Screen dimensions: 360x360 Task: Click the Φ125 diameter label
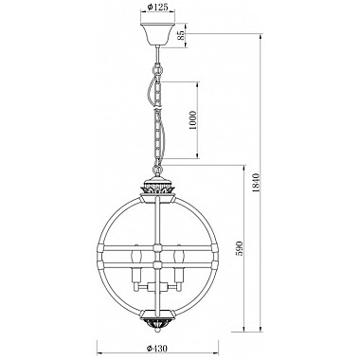coord(157,7)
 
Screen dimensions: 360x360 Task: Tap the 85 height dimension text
coord(181,35)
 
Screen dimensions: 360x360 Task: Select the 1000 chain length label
coord(193,120)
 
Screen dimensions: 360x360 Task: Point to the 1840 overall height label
coord(256,183)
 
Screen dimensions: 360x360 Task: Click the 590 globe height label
coord(240,248)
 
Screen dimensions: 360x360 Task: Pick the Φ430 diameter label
coord(157,349)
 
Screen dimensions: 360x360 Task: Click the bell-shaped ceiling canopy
coord(157,35)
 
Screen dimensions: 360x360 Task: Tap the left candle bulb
coord(136,255)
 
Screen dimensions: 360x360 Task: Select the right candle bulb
coord(178,255)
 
